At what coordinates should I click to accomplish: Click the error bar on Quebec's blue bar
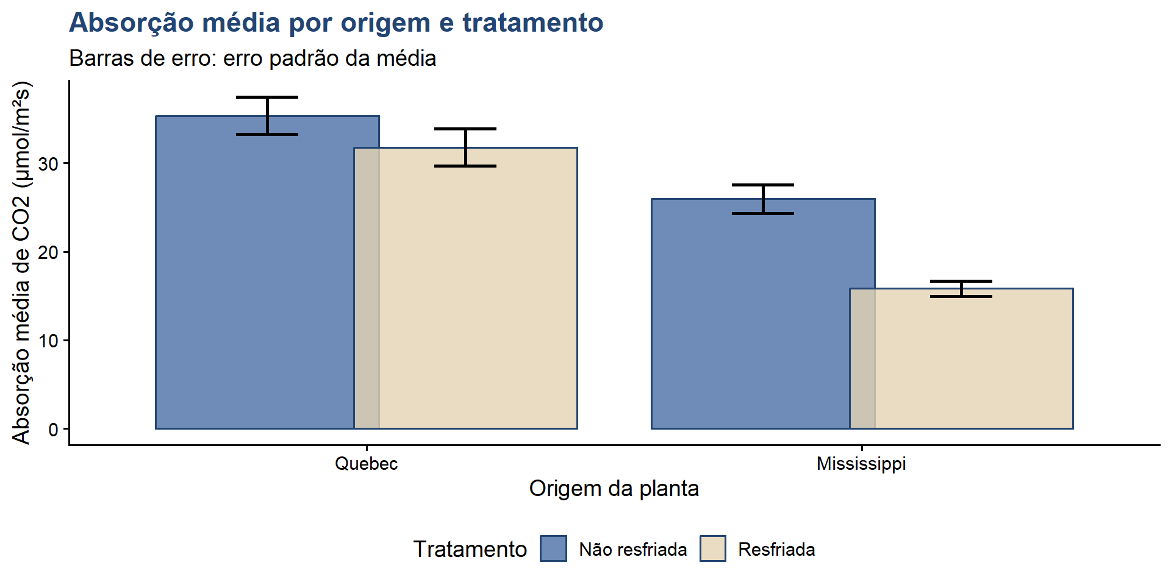pos(267,116)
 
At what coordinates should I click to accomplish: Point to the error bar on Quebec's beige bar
pos(465,147)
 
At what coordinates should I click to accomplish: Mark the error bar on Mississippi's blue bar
pos(763,199)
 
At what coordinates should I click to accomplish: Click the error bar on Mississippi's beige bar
pos(961,289)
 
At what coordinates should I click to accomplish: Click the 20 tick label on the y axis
pos(48,252)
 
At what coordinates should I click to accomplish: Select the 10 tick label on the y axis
pos(48,341)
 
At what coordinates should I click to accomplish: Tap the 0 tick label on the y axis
pos(54,429)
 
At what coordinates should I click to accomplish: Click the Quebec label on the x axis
pos(366,464)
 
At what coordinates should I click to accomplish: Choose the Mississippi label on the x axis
pos(861,464)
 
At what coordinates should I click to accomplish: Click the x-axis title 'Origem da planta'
pos(614,489)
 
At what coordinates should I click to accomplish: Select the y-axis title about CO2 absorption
pos(21,263)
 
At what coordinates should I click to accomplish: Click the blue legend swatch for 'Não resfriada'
pos(553,548)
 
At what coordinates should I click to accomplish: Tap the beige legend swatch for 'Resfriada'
pos(712,548)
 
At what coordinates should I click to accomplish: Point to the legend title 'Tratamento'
pos(470,549)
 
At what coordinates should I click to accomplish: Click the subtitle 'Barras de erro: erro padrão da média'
pos(252,58)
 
